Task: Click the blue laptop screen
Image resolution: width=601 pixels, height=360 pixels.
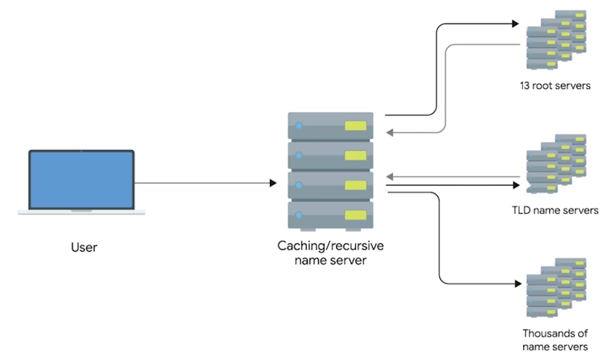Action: click(x=82, y=180)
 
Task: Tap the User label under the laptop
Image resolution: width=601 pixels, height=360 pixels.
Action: click(x=84, y=248)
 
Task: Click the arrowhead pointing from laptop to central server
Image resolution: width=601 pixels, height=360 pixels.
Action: click(x=273, y=183)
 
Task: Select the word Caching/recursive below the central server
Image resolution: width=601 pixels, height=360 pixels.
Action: click(x=330, y=246)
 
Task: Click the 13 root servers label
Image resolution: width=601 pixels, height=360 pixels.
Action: click(x=555, y=85)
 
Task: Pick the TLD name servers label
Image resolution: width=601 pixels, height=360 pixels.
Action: click(x=555, y=210)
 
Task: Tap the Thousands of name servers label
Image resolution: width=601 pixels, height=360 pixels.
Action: click(x=555, y=340)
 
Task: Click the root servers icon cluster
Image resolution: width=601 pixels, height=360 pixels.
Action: click(x=556, y=39)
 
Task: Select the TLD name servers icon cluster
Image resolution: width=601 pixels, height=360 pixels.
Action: click(x=556, y=163)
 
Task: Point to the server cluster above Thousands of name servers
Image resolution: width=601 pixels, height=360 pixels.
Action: click(x=556, y=288)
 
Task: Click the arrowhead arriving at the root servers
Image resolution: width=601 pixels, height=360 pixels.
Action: click(x=516, y=24)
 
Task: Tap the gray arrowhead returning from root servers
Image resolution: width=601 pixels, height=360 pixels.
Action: click(x=389, y=133)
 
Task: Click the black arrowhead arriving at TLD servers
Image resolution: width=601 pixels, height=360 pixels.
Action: click(x=516, y=185)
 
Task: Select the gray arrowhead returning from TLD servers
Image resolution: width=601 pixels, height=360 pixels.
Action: click(x=389, y=177)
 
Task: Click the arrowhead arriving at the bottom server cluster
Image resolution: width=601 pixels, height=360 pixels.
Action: click(x=518, y=283)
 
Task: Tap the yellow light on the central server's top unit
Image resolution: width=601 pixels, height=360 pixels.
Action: click(x=356, y=126)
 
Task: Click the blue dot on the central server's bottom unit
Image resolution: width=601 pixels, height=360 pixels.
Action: click(x=299, y=215)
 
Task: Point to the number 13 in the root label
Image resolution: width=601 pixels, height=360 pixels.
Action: click(x=524, y=85)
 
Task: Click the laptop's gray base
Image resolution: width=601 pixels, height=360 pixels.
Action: click(x=82, y=212)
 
